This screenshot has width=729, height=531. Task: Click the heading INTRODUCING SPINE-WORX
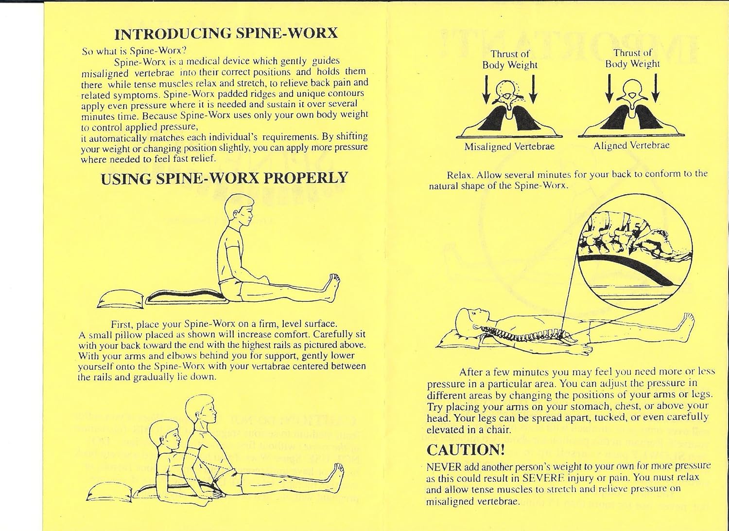click(x=226, y=34)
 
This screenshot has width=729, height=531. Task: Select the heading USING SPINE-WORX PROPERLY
click(x=225, y=178)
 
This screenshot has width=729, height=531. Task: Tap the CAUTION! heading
click(x=466, y=450)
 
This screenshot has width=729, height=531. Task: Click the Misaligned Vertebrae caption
click(x=509, y=146)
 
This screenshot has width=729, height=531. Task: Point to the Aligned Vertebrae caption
click(x=631, y=146)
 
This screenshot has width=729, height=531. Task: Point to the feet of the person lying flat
click(x=689, y=323)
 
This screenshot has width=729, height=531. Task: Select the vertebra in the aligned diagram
click(x=631, y=92)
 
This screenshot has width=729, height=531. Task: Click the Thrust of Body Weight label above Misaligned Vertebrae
click(x=509, y=59)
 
